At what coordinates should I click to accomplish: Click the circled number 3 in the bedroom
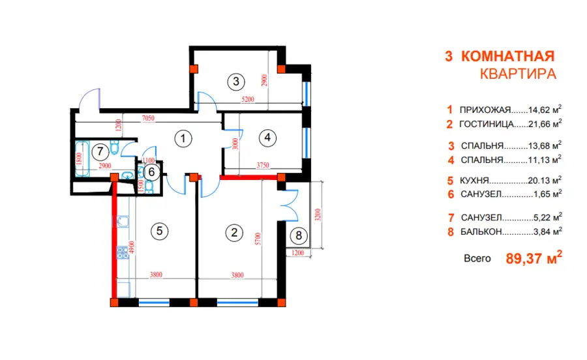click(236, 82)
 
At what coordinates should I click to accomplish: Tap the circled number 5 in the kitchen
click(160, 231)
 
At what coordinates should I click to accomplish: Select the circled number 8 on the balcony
click(299, 235)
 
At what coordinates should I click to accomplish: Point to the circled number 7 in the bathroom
click(100, 151)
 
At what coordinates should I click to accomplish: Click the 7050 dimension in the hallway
click(148, 118)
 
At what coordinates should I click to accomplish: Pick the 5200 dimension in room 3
click(248, 100)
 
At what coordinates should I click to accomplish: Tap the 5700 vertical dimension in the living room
click(258, 239)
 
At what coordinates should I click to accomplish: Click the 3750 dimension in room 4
click(263, 165)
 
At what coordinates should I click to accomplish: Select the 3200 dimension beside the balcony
click(318, 215)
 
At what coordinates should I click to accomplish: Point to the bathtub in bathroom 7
click(82, 158)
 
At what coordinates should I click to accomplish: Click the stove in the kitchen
click(123, 252)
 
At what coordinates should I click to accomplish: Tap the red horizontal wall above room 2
click(248, 177)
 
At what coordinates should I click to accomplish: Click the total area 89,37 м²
click(534, 258)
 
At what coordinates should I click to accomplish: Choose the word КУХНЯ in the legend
click(474, 181)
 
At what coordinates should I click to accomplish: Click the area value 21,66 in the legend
click(540, 125)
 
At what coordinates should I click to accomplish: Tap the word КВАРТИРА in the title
click(518, 74)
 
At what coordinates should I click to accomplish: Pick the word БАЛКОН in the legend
click(481, 232)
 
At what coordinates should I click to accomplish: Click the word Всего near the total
click(477, 258)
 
